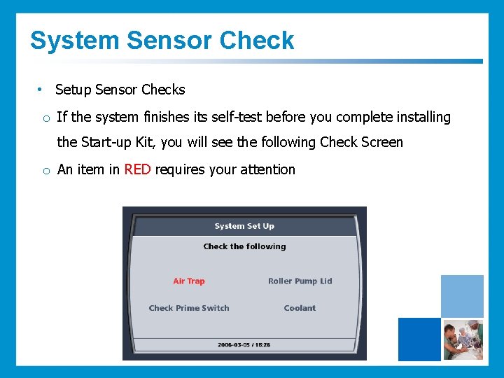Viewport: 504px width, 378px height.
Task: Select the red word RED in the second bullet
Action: click(137, 169)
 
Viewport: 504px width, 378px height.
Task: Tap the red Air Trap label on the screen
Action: click(189, 281)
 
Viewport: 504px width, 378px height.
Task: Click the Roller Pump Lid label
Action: click(300, 281)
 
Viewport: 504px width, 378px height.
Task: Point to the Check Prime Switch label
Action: click(189, 308)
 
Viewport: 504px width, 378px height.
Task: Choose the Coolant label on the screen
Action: click(300, 308)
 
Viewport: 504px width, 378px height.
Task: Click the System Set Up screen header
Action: click(244, 226)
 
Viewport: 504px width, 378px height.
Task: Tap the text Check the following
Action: click(244, 246)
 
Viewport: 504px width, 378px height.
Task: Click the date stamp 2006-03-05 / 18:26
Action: click(244, 345)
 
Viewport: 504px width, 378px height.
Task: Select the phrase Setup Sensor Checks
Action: click(120, 90)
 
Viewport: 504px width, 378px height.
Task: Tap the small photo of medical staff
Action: click(462, 339)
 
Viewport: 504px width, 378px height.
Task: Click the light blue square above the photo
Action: click(462, 296)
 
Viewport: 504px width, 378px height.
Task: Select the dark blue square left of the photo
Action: click(419, 339)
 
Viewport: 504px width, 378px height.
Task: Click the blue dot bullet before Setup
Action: click(41, 90)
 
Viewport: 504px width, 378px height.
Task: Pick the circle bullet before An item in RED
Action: click(45, 170)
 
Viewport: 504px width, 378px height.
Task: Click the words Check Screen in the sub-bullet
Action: click(361, 142)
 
